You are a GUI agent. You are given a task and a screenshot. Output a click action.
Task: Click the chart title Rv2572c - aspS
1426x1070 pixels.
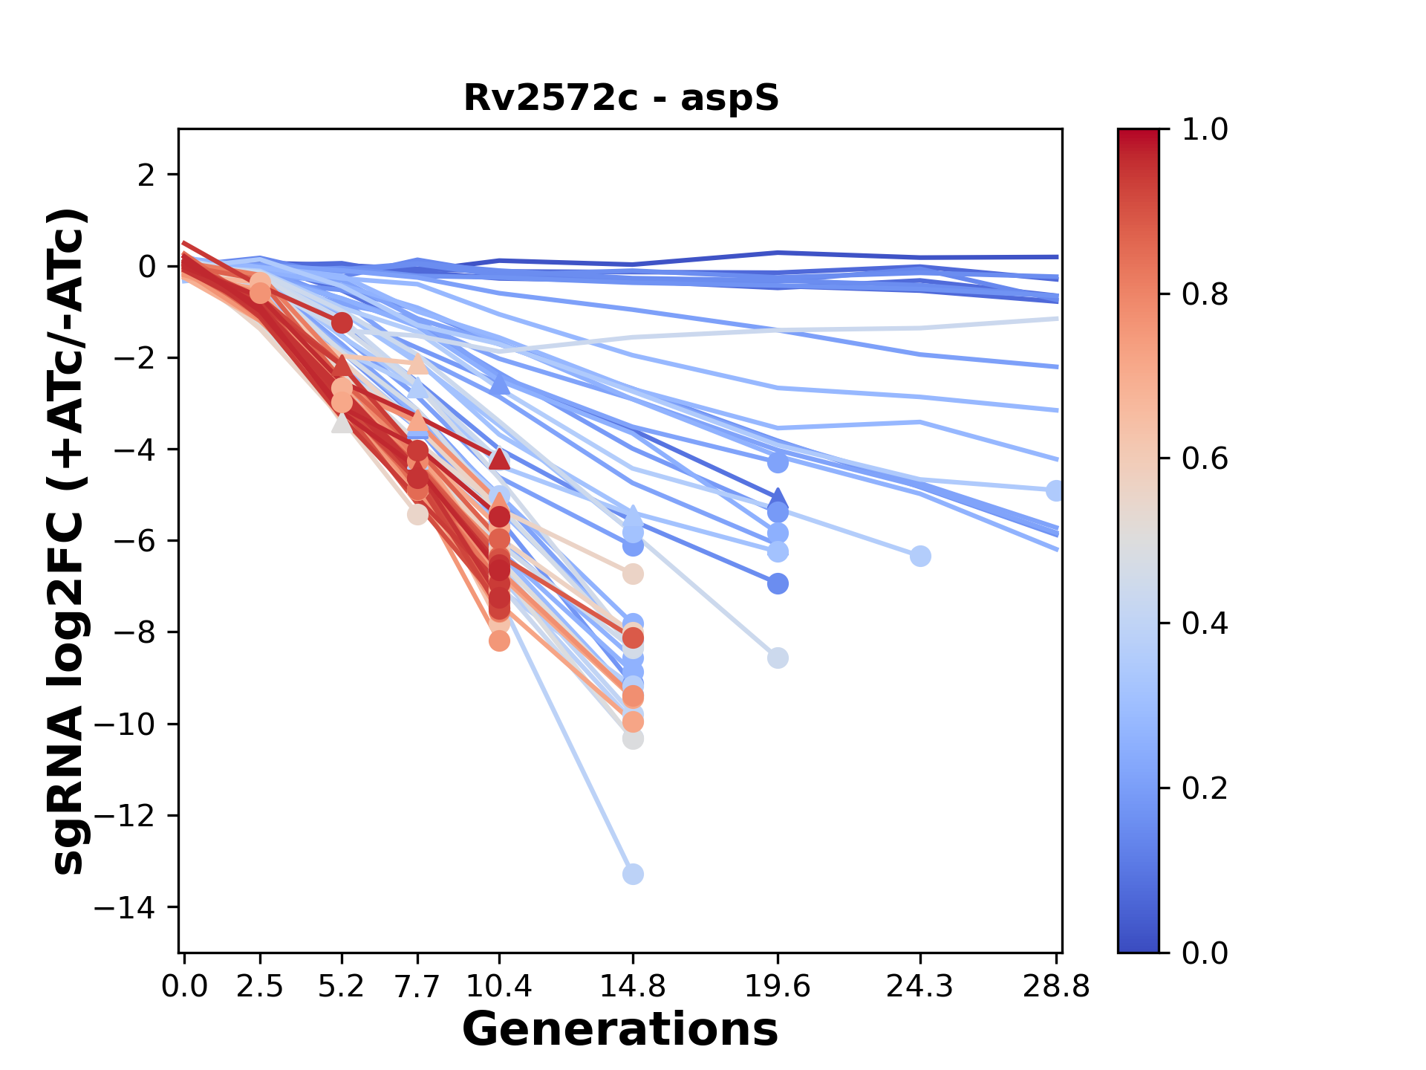621,98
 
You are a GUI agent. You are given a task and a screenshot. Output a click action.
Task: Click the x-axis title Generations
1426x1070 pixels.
619,1030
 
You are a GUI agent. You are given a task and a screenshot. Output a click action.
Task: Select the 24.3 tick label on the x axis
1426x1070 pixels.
920,987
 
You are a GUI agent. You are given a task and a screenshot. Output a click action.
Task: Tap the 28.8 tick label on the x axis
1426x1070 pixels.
1056,987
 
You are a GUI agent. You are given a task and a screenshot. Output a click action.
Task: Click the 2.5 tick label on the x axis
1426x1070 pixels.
260,987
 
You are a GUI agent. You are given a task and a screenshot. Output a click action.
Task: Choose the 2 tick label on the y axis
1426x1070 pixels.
148,175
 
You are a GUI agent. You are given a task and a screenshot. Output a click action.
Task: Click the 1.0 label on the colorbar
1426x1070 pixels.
1205,130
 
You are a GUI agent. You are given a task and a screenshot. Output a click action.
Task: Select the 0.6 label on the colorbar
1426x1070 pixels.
1205,459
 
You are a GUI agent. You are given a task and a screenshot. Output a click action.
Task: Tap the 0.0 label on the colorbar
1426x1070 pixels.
1205,953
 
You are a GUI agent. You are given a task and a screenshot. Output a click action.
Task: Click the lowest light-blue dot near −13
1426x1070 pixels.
633,875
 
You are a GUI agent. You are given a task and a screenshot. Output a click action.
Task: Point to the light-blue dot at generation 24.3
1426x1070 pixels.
920,556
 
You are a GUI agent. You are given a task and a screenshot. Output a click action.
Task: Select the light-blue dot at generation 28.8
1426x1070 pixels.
1055,490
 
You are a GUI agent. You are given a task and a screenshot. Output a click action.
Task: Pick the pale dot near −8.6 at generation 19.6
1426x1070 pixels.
778,658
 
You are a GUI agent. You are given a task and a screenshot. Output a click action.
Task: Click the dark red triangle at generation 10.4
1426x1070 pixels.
499,458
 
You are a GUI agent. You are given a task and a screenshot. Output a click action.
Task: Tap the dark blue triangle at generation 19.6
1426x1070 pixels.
778,498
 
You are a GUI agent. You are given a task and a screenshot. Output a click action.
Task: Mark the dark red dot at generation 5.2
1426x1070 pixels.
342,323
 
